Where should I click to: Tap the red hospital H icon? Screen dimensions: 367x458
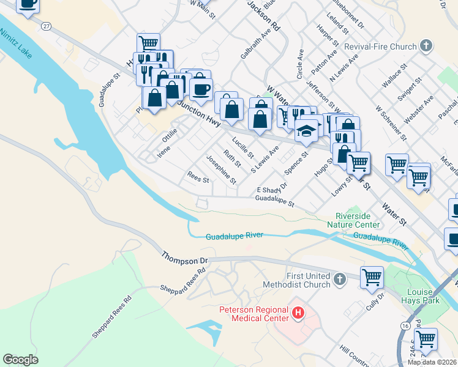pos(298,314)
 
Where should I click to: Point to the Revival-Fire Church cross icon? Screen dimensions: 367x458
pos(427,46)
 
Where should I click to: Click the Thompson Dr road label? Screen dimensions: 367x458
pos(185,258)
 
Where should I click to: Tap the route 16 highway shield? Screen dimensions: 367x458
pos(405,327)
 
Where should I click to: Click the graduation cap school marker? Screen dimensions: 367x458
pos(307,130)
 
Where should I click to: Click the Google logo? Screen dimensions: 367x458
pos(20,360)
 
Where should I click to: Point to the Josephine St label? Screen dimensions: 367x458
pos(221,169)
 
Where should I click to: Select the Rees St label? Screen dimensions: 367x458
pos(197,180)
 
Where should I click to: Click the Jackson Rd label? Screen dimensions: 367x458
pos(264,15)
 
